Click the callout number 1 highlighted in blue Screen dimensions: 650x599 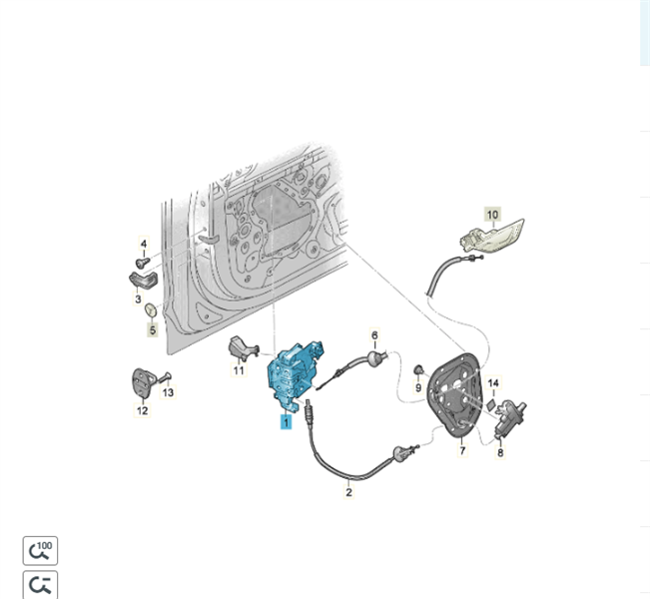coord(286,422)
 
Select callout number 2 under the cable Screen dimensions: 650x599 coord(348,492)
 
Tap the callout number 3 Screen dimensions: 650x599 coord(138,299)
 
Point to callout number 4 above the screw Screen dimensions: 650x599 coord(144,244)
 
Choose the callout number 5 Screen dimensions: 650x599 coord(153,330)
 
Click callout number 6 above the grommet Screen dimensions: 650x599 coord(374,334)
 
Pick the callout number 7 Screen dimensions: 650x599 coord(462,450)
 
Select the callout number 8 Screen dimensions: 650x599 coord(500,452)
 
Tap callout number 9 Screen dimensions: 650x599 coord(417,387)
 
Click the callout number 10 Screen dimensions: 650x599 coord(492,215)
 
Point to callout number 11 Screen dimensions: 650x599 coord(239,369)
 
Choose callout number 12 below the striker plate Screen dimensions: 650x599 coord(142,410)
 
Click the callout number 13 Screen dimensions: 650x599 coord(168,391)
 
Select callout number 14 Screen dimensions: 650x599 coord(493,383)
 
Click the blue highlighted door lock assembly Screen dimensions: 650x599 coord(294,373)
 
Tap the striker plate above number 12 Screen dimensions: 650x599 coord(142,381)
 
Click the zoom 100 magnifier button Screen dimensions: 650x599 coord(40,550)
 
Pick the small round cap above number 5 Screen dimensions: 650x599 coord(150,309)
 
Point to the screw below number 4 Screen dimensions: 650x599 coord(143,262)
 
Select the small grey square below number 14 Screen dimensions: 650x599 coord(491,403)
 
